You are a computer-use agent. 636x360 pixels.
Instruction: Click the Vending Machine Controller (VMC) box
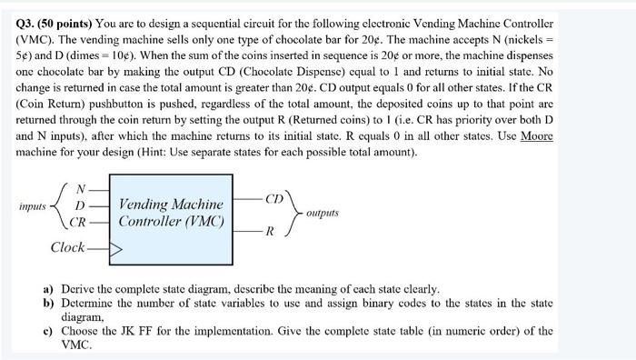coord(171,213)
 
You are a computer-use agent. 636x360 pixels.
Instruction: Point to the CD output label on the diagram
coord(273,198)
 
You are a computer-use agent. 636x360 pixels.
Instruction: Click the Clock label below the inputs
coord(69,246)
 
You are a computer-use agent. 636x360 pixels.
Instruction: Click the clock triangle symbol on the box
coord(114,246)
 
